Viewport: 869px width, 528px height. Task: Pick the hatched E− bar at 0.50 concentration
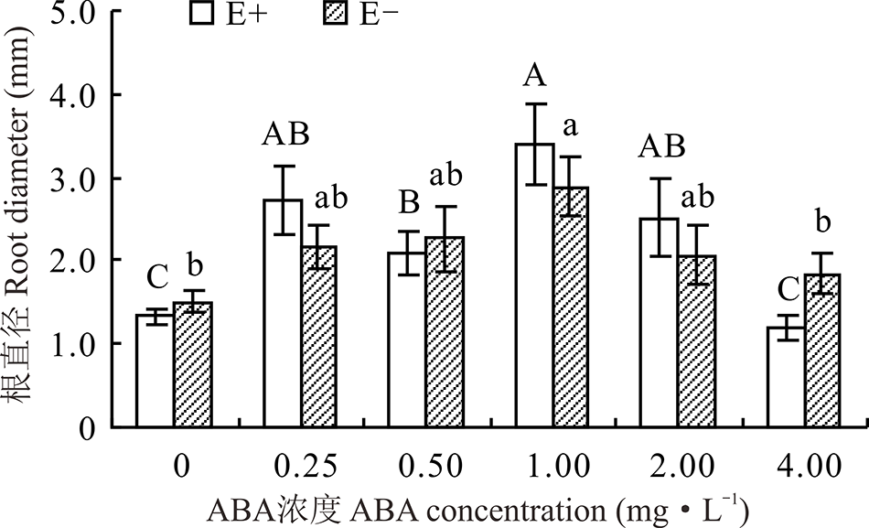click(445, 334)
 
